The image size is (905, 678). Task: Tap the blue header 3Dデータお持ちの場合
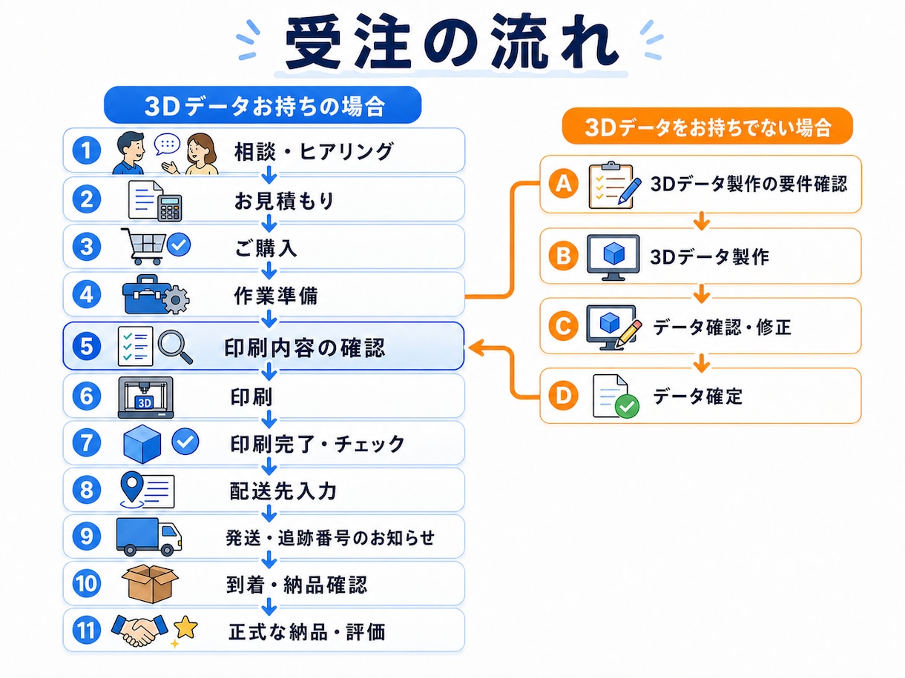pyautogui.click(x=263, y=105)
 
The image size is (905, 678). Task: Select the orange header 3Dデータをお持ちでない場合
pyautogui.click(x=708, y=127)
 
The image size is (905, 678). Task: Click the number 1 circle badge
pyautogui.click(x=86, y=150)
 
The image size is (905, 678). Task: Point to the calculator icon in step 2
pyautogui.click(x=169, y=207)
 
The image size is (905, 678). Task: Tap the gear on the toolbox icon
pyautogui.click(x=176, y=299)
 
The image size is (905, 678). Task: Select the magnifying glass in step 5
pyautogui.click(x=175, y=347)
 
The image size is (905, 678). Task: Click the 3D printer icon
pyautogui.click(x=145, y=397)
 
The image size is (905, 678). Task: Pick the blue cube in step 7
pyautogui.click(x=142, y=444)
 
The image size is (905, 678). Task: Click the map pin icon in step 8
pyautogui.click(x=132, y=487)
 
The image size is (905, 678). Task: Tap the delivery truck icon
pyautogui.click(x=149, y=536)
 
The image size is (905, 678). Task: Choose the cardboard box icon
pyautogui.click(x=150, y=583)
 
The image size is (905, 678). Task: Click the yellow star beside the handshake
pyautogui.click(x=185, y=627)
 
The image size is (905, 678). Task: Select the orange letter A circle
pyautogui.click(x=563, y=184)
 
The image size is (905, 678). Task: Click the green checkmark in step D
pyautogui.click(x=627, y=406)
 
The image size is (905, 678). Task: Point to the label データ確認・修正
pyautogui.click(x=722, y=328)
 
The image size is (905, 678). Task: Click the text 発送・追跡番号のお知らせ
pyautogui.click(x=330, y=538)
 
